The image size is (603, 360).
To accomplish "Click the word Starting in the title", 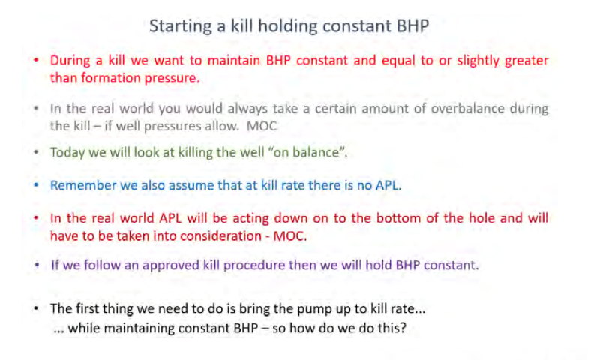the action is pos(180,27).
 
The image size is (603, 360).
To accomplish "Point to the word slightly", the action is pos(478,61).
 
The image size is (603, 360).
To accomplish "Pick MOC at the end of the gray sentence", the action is pos(262,126).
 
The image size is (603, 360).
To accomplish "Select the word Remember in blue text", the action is pos(83,185).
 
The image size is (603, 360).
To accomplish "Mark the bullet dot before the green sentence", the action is pos(36,152).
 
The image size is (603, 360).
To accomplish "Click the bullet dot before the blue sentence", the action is pos(36,185).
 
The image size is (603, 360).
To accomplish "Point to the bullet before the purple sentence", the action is pos(37,265).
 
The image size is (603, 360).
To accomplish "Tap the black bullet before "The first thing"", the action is pos(36,308).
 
